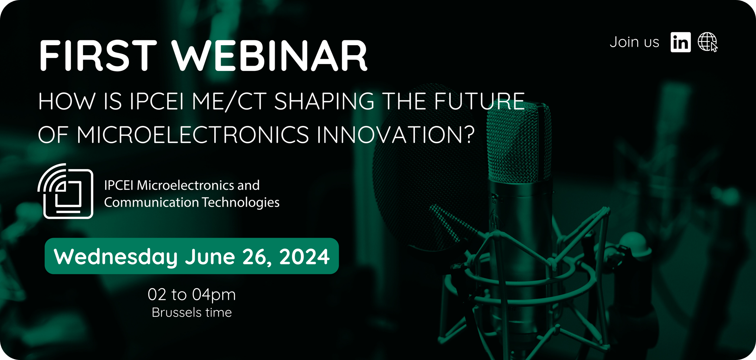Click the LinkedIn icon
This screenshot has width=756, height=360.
[681, 42]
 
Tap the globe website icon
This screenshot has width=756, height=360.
[708, 42]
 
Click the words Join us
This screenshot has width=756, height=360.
[634, 42]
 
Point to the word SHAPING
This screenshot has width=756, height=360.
[324, 101]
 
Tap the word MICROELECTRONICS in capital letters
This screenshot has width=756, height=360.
[193, 134]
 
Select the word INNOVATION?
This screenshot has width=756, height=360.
[396, 134]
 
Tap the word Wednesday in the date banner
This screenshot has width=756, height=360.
[116, 257]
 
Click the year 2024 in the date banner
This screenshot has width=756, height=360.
[304, 257]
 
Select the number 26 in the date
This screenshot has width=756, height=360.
[256, 257]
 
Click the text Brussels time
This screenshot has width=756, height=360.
[192, 312]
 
